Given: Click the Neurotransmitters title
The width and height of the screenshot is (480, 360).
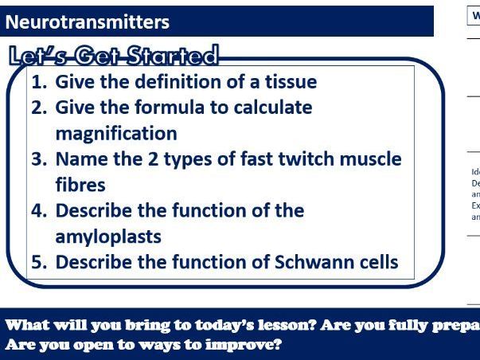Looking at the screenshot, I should (x=87, y=22).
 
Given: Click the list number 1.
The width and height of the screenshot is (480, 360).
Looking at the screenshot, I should (x=37, y=82).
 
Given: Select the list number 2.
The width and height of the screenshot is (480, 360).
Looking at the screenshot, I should (x=38, y=108).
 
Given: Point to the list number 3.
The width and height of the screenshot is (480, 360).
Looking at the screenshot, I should (x=38, y=158).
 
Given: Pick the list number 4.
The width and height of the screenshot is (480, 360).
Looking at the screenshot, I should (x=38, y=211).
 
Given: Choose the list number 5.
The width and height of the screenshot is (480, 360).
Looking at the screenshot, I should (x=38, y=262).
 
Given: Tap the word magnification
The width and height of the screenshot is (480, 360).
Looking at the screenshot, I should (x=116, y=133).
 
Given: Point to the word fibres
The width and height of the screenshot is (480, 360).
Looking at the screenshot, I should (x=80, y=185).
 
